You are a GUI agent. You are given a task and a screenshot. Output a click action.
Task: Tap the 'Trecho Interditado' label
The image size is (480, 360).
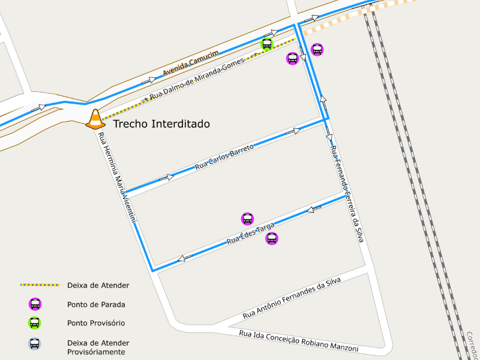coord(161,124)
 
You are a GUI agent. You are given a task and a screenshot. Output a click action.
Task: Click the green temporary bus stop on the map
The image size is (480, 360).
coord(267,44)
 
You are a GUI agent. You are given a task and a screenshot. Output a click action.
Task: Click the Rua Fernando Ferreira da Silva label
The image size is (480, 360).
coord(347,193)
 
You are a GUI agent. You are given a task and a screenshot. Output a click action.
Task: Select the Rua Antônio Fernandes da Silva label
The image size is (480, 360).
coord(292,298)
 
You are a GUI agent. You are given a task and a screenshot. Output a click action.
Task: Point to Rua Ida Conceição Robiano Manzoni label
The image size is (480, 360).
coord(298,341)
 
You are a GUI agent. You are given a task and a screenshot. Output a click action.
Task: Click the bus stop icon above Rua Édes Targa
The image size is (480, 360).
coord(247,219)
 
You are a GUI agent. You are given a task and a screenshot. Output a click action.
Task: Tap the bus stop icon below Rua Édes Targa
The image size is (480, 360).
coord(272,238)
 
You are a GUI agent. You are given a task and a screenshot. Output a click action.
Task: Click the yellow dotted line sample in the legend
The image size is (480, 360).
coord(40,285)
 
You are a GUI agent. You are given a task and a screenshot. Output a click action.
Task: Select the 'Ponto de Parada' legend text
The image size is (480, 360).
coord(96,304)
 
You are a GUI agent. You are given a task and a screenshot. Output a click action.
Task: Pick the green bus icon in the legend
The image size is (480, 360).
coord(35,323)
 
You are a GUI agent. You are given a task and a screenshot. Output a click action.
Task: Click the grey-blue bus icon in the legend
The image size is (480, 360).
coord(35,344)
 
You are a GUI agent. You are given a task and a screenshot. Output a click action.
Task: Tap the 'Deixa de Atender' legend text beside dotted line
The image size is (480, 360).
coord(98,285)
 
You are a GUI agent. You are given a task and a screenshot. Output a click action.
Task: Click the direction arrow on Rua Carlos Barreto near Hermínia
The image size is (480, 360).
coord(166,177)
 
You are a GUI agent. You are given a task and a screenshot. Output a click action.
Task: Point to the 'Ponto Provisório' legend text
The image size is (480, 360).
coord(96,323)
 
